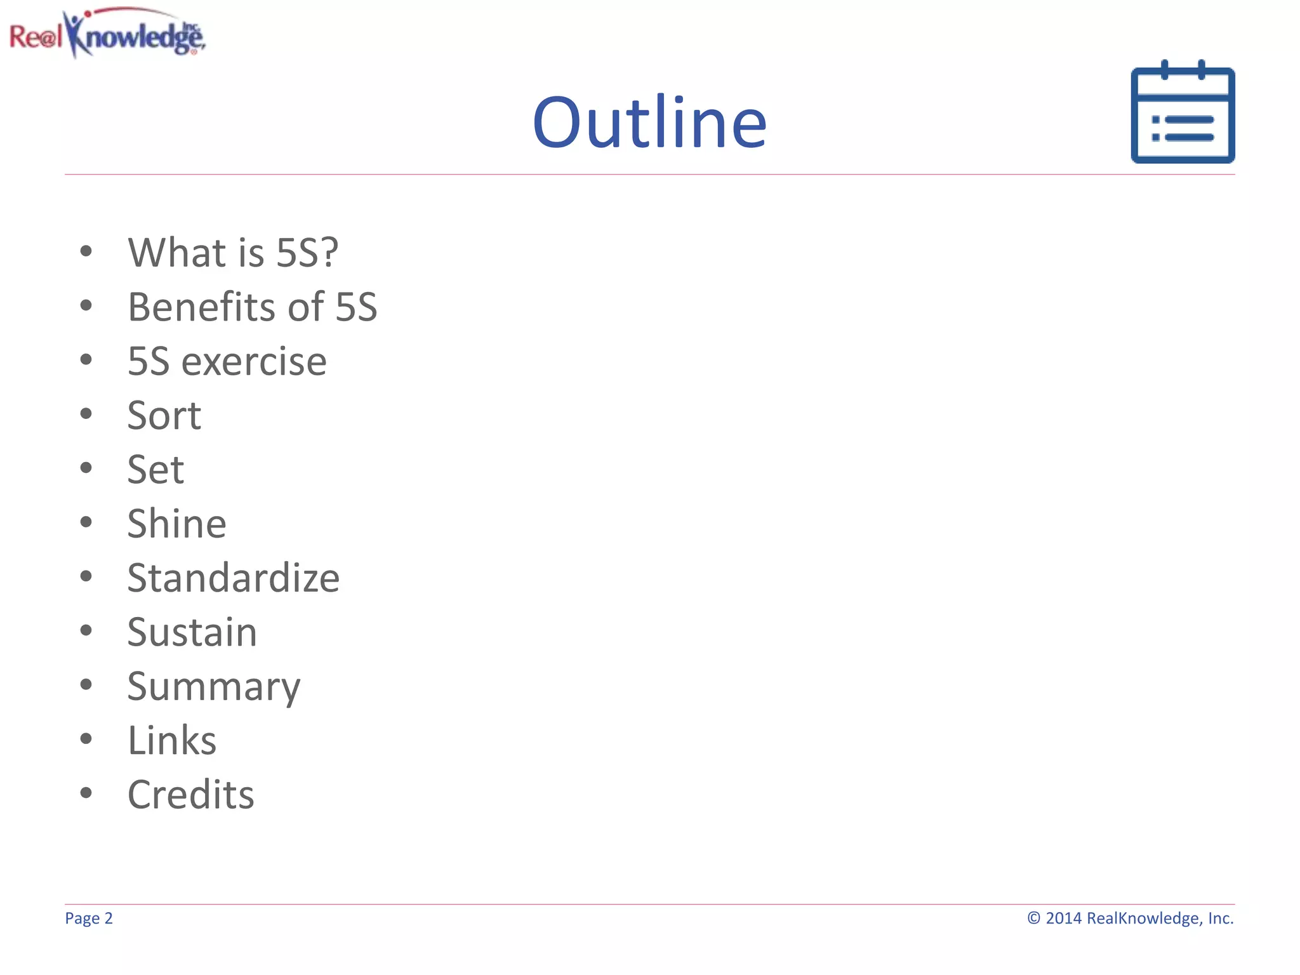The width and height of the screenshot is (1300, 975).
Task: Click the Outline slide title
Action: tap(649, 122)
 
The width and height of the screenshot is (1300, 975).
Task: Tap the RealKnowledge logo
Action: tap(107, 34)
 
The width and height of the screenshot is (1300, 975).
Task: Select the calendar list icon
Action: tap(1183, 113)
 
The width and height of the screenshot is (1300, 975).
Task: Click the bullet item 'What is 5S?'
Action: tap(233, 253)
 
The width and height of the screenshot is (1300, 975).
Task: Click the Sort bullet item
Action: tap(164, 416)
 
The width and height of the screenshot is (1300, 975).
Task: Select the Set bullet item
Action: tap(156, 470)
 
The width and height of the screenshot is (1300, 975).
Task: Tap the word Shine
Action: tap(176, 524)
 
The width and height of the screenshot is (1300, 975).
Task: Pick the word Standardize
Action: tap(233, 578)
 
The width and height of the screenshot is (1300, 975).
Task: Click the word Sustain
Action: tap(192, 632)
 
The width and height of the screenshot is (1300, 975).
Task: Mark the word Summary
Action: tap(214, 687)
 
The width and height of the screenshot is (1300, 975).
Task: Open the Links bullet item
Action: tap(172, 741)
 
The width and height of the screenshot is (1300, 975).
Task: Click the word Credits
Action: tap(191, 795)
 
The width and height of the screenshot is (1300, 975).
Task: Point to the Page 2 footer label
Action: tap(89, 919)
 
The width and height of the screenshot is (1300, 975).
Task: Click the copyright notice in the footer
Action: tap(1130, 919)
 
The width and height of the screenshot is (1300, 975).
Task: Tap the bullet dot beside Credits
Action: tap(86, 793)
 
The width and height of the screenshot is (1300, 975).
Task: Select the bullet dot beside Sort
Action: tap(86, 414)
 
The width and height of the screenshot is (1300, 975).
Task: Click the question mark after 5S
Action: tap(329, 253)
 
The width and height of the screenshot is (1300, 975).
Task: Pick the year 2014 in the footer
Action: tap(1063, 919)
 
